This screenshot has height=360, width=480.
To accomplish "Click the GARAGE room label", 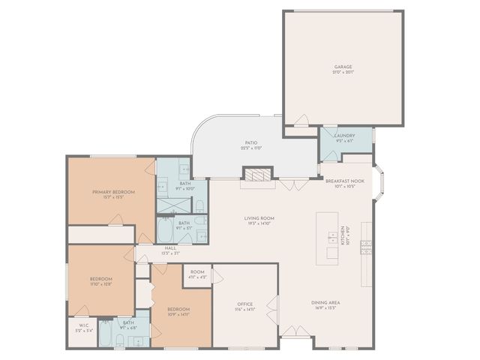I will pyautogui.click(x=343, y=67).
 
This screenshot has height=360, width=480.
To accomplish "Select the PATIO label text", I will pyautogui.click(x=251, y=142).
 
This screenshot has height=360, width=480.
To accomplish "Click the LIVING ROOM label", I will pyautogui.click(x=258, y=218).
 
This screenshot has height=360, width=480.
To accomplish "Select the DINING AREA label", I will pyautogui.click(x=326, y=302).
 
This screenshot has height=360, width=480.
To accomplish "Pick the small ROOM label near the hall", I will pyautogui.click(x=197, y=271).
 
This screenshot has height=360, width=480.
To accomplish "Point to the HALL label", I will pyautogui.click(x=171, y=247).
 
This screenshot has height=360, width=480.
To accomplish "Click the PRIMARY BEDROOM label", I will pyautogui.click(x=108, y=192).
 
